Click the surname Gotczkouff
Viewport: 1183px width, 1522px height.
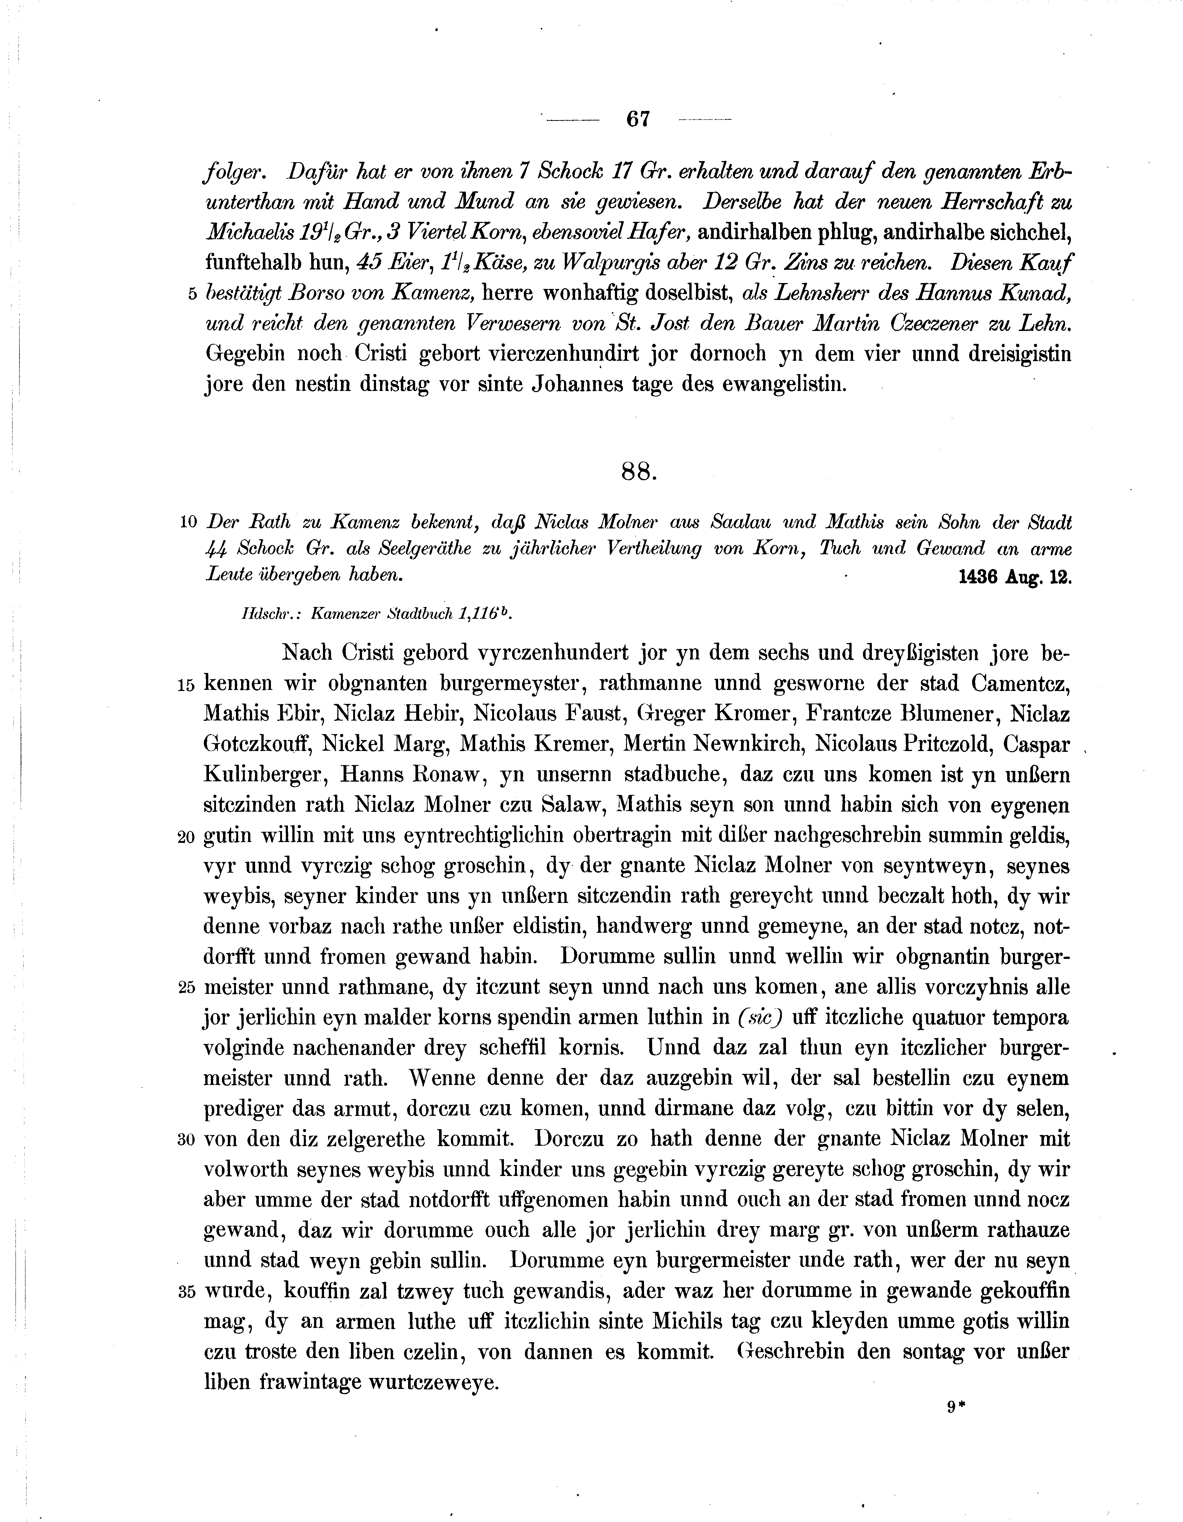tap(257, 745)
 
